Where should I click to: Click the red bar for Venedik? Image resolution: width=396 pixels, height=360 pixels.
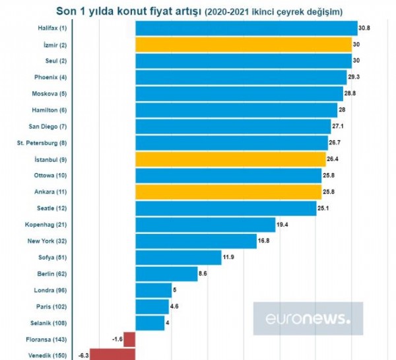[x=112, y=355]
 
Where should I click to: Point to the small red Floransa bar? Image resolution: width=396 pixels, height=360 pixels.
[x=129, y=339]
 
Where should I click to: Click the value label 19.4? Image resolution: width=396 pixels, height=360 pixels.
[x=283, y=225]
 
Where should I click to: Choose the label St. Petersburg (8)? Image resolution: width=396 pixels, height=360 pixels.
[x=42, y=143]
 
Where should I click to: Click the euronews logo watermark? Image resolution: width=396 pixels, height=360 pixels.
[x=308, y=319]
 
